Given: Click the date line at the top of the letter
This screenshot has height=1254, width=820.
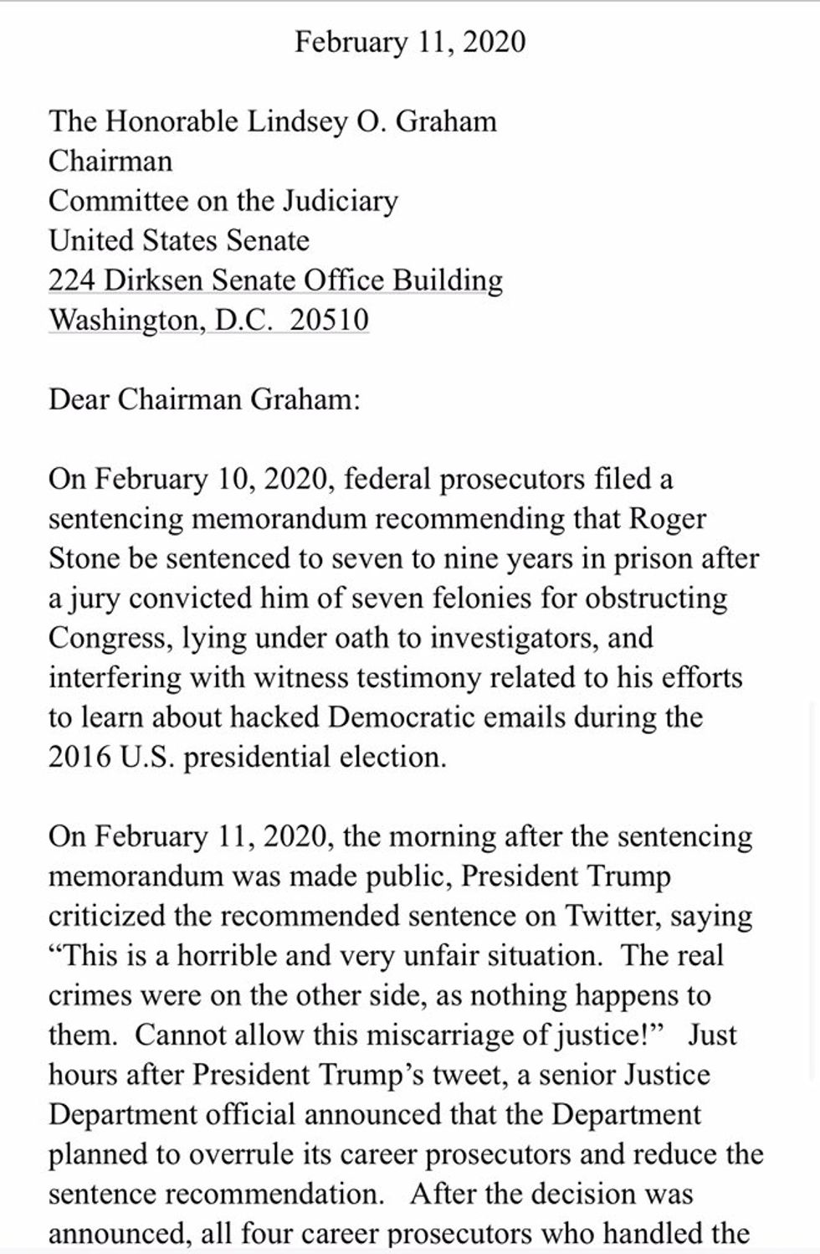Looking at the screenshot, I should [410, 42].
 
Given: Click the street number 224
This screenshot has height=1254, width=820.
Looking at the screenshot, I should [71, 281].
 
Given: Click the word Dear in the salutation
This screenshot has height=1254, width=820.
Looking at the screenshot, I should [79, 399].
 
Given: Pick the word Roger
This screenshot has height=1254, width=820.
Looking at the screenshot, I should [668, 519].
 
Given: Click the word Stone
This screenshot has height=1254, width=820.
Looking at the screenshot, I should [84, 558].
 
